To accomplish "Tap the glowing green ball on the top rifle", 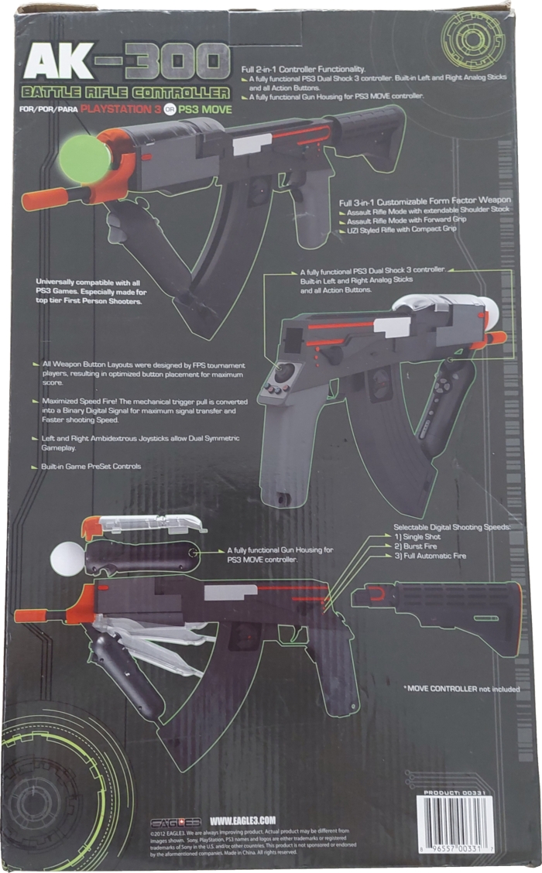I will coord(84,158).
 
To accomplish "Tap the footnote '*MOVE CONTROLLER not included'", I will coord(461,688).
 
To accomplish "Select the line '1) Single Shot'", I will coord(421,536).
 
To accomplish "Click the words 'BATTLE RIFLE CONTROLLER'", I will coord(127,94).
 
